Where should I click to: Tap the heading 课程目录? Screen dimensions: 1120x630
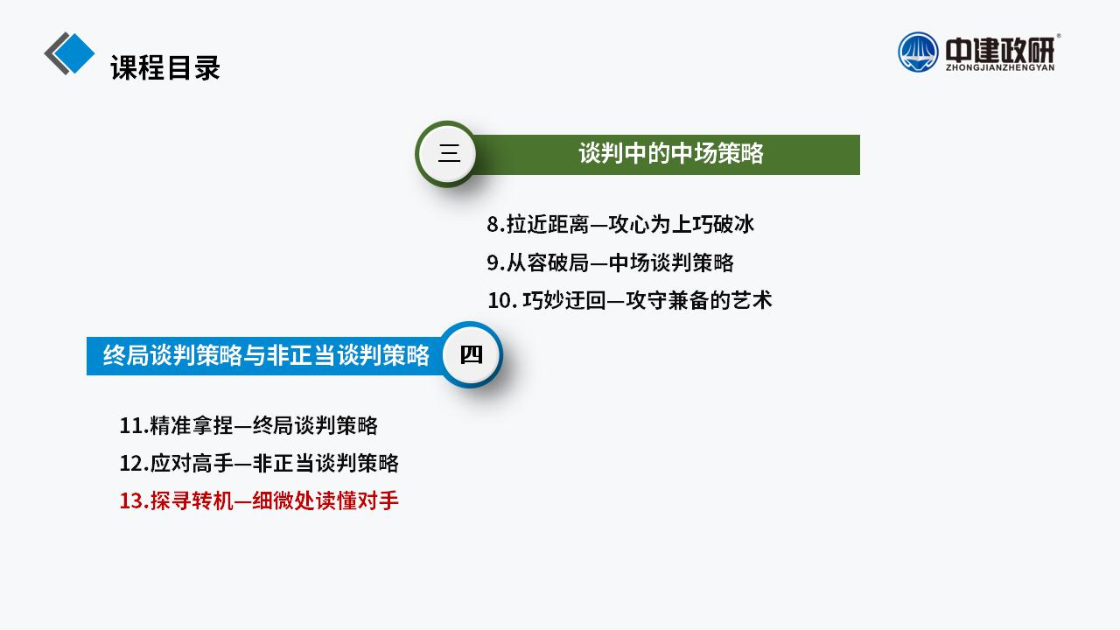tap(165, 68)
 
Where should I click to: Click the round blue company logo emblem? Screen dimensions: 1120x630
tap(918, 52)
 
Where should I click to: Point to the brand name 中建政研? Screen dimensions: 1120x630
tap(1000, 50)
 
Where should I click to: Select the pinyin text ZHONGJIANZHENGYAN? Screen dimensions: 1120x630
tap(1000, 67)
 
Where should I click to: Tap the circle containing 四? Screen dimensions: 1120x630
tap(471, 354)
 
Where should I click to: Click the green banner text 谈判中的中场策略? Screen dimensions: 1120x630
tap(671, 153)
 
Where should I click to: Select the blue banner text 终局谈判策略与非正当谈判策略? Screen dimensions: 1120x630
tap(266, 355)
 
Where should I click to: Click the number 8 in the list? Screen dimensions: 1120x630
tap(493, 225)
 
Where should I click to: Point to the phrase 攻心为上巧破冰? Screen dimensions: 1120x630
tap(681, 225)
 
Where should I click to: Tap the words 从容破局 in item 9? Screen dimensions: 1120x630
tap(548, 263)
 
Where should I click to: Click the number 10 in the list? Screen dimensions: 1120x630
tap(500, 301)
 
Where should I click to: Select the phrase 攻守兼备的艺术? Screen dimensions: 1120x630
tap(699, 300)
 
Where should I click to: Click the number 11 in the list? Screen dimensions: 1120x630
tap(131, 426)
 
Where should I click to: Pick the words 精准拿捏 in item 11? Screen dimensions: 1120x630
tap(192, 426)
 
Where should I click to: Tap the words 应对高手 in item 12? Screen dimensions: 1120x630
tap(192, 464)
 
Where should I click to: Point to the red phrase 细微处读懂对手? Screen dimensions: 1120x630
tap(325, 501)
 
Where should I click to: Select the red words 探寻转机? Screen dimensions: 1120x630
tap(192, 501)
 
